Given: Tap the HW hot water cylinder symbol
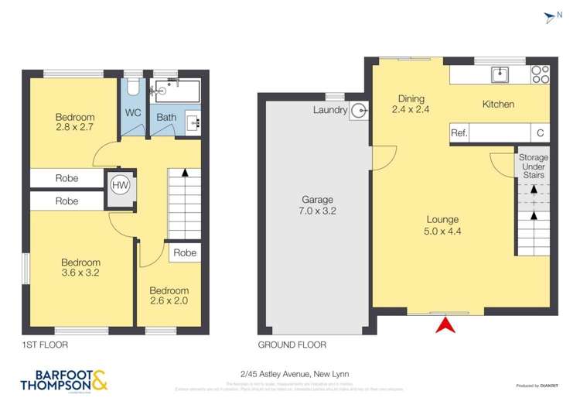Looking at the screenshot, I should click(x=120, y=186).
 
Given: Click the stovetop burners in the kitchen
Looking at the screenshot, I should click(x=540, y=74).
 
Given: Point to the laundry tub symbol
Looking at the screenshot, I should click(x=359, y=111).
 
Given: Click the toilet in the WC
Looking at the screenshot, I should click(x=131, y=86).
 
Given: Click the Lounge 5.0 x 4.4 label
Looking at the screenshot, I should click(x=442, y=225).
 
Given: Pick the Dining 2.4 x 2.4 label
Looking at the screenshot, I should click(x=411, y=104).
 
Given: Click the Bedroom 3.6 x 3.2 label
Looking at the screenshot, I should click(x=81, y=267).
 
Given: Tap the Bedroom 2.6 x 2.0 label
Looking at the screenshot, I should click(x=169, y=295).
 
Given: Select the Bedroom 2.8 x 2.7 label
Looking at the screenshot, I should click(x=75, y=122).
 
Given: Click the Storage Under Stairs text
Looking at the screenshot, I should click(x=533, y=166).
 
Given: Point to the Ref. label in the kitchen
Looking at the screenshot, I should click(x=459, y=133).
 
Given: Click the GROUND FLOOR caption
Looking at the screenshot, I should click(x=292, y=345).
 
